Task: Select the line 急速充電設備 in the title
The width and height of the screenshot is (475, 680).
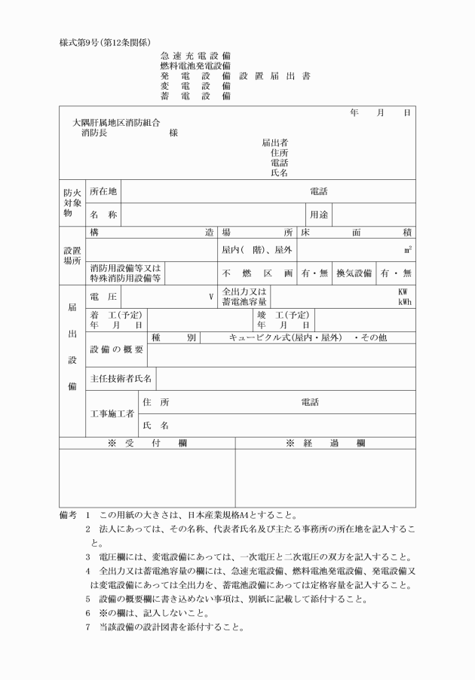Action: (x=195, y=56)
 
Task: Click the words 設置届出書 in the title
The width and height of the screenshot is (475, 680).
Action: (x=274, y=76)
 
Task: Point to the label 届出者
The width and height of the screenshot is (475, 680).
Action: (x=274, y=142)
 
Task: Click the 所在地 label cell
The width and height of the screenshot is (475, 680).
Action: (x=103, y=191)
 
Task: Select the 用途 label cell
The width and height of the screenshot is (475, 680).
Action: (x=317, y=214)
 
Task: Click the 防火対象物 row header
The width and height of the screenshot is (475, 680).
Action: (x=72, y=203)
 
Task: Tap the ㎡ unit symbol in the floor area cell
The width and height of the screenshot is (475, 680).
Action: (x=408, y=249)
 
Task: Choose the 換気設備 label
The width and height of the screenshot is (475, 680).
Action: (x=353, y=273)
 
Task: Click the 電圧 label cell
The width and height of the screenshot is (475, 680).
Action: (x=103, y=296)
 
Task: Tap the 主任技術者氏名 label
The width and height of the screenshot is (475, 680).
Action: (x=121, y=378)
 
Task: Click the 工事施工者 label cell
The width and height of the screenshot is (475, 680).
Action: (x=112, y=413)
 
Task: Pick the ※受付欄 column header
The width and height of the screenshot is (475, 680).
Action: (x=147, y=444)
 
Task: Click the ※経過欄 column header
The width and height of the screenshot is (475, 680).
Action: (x=325, y=444)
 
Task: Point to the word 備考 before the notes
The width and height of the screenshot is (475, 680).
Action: (x=69, y=516)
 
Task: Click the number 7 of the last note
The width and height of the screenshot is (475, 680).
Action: (x=88, y=627)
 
